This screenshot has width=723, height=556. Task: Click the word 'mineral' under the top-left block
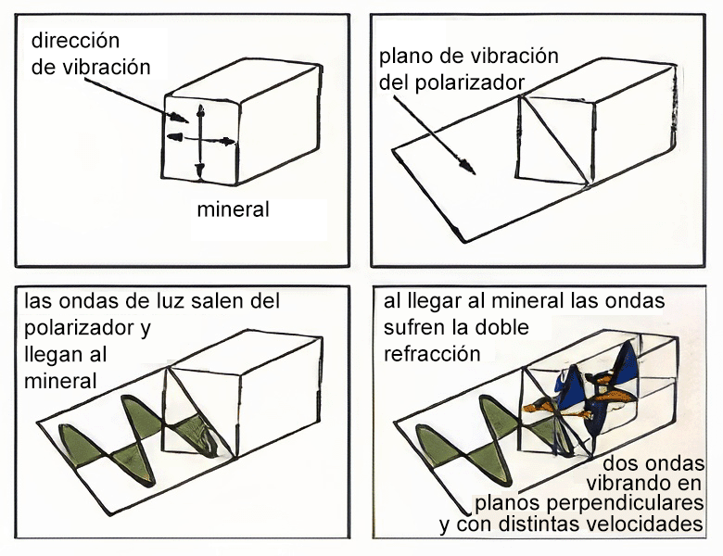tap(233, 209)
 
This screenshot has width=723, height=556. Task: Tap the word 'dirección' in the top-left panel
tap(76, 42)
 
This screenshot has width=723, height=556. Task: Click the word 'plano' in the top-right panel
tap(405, 57)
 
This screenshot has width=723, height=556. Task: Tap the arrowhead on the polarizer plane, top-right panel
tap(469, 168)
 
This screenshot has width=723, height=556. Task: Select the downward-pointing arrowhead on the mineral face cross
tap(199, 171)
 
